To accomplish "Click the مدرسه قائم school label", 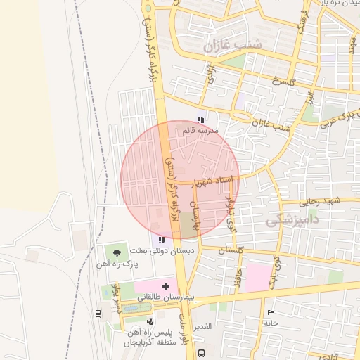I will [x=201, y=131].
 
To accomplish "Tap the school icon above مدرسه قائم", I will [x=200, y=120].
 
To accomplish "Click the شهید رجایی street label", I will [x=321, y=202].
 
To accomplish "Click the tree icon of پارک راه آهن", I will [x=117, y=252].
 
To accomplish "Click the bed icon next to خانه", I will [x=271, y=312].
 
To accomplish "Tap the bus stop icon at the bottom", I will [x=202, y=352].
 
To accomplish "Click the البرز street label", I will [x=309, y=102].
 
